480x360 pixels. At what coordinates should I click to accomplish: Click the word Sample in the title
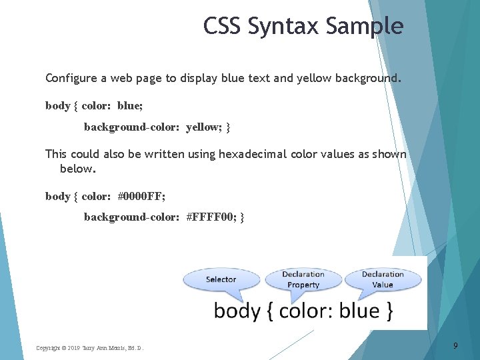click(x=365, y=26)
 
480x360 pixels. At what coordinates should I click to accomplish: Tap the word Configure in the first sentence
click(x=71, y=78)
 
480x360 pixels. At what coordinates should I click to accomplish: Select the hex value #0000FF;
click(x=141, y=196)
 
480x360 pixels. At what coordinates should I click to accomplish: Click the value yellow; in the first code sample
click(x=205, y=126)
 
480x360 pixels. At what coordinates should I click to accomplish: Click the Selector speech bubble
click(x=221, y=279)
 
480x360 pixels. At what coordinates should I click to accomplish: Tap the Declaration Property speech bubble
click(x=303, y=279)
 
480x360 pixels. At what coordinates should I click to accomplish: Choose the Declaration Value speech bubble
click(x=383, y=279)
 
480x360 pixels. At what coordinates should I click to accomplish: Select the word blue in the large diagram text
click(x=359, y=311)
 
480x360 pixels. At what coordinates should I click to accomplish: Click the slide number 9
click(x=455, y=345)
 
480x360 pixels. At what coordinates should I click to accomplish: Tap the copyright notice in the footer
click(x=89, y=348)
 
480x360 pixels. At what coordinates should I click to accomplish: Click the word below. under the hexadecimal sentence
click(x=78, y=169)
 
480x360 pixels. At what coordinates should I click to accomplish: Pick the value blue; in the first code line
click(x=130, y=105)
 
